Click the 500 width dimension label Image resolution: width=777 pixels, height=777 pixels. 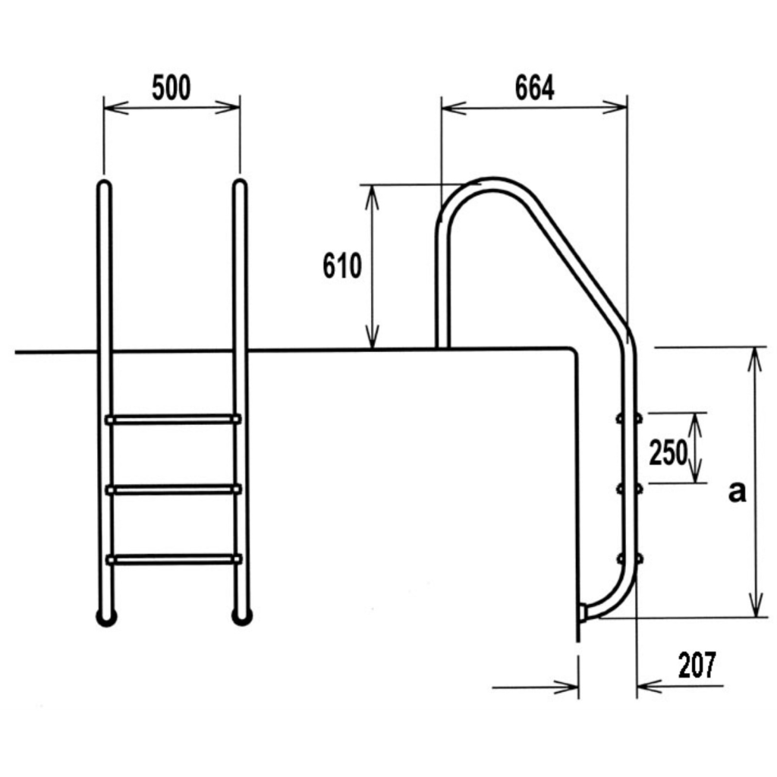click(171, 88)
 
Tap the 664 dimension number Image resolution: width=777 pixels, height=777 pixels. click(535, 88)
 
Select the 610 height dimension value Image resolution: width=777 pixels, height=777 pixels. click(342, 266)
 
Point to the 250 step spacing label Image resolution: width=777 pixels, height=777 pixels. click(668, 452)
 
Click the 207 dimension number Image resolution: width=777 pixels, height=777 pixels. click(697, 665)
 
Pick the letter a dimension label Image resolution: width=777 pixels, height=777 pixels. click(737, 492)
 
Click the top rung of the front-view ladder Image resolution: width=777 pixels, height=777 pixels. click(173, 420)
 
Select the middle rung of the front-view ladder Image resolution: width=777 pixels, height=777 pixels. click(174, 490)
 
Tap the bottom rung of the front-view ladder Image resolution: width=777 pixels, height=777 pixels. click(174, 560)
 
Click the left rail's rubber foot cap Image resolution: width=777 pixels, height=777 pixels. click(106, 618)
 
